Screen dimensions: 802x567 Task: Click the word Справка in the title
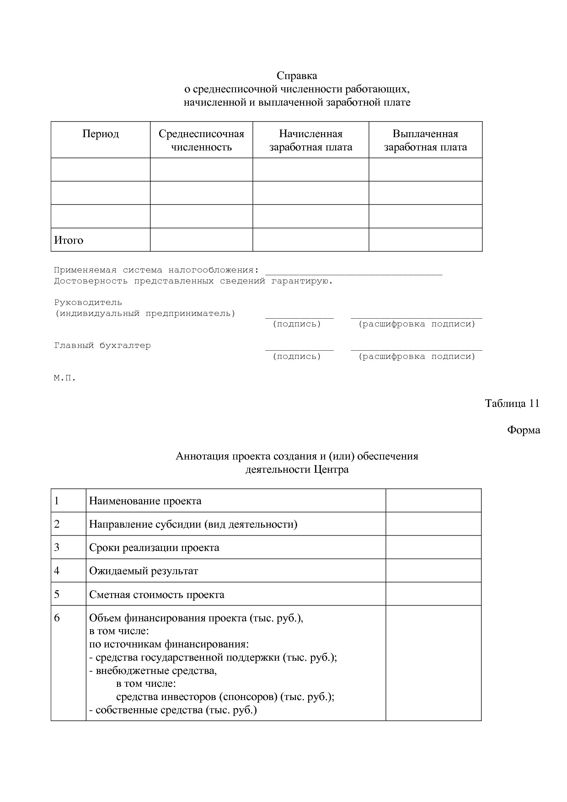297,75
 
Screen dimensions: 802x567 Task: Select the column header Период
101,134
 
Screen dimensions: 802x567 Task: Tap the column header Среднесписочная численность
201,140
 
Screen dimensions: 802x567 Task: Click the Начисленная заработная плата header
310,140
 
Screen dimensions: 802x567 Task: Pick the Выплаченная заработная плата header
425,140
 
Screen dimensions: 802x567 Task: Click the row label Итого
69,240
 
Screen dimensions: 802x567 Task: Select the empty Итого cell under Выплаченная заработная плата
425,240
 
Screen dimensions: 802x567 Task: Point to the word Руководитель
88,302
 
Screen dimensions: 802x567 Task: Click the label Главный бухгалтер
102,345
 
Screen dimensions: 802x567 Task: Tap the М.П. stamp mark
64,378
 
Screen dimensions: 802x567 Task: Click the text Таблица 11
512,403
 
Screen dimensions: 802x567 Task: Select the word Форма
523,430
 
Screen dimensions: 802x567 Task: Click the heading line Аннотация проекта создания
297,456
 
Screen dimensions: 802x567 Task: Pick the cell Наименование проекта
145,501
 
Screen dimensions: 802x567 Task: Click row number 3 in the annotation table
57,547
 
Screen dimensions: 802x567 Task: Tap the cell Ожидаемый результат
144,571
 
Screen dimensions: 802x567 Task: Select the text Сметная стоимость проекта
157,594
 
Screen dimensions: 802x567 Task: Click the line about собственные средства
173,710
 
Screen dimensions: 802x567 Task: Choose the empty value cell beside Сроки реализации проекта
433,547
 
